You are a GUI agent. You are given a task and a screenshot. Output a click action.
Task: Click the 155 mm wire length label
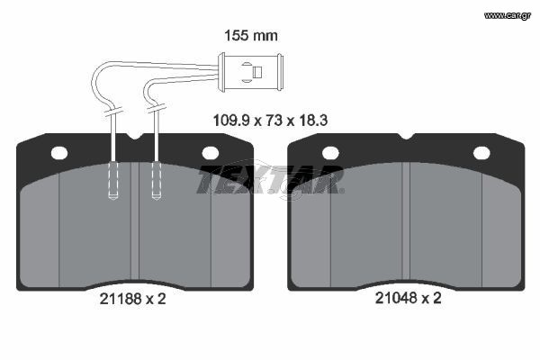click(251, 36)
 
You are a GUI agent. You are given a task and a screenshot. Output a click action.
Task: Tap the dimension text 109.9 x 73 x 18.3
click(270, 121)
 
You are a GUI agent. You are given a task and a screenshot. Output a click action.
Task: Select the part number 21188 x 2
click(132, 299)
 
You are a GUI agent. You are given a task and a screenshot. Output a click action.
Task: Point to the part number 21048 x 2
click(408, 298)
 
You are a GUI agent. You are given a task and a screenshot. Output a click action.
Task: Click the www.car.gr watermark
click(508, 15)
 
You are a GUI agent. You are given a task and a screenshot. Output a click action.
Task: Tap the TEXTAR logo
click(270, 179)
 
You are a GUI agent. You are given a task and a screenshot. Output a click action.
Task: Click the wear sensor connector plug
click(251, 72)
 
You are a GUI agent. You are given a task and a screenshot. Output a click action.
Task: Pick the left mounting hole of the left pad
click(59, 153)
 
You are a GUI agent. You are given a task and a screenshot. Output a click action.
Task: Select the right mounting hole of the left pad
click(210, 153)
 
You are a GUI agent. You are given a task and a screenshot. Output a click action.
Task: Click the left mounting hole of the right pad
click(330, 153)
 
